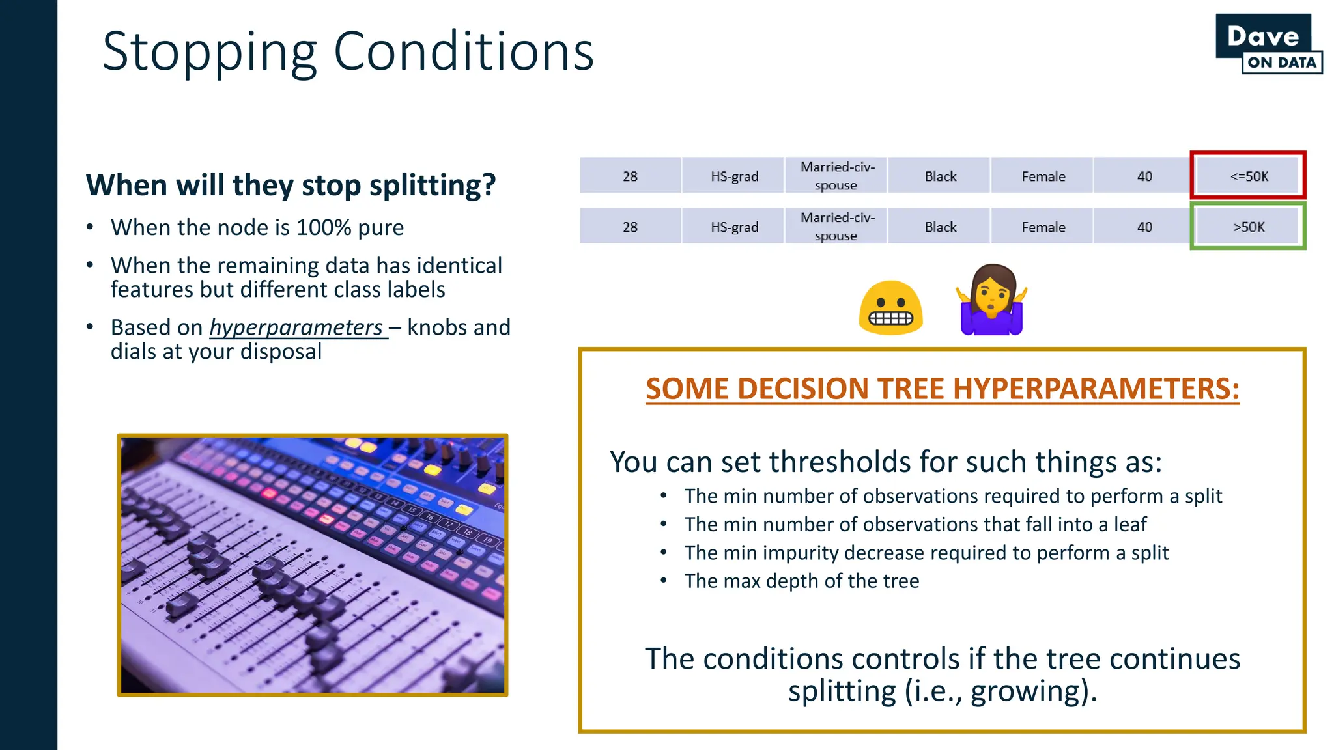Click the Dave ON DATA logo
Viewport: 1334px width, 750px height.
pyautogui.click(x=1268, y=44)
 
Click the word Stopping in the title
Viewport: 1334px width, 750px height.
pyautogui.click(x=209, y=52)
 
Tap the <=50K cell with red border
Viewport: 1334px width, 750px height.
pyautogui.click(x=1248, y=176)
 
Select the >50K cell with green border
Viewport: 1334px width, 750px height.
pyautogui.click(x=1248, y=227)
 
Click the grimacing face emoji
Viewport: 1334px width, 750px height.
pyautogui.click(x=890, y=308)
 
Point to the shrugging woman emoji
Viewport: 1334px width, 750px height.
pyautogui.click(x=991, y=301)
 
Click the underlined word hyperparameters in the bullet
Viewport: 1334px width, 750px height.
pyautogui.click(x=296, y=327)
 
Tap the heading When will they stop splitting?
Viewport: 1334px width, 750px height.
pyautogui.click(x=291, y=185)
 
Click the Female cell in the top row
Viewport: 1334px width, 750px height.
pyautogui.click(x=1043, y=176)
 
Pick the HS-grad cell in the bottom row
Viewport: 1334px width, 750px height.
pyautogui.click(x=734, y=227)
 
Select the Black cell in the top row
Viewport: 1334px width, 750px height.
pyautogui.click(x=940, y=176)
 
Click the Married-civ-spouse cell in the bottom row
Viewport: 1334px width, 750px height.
pyautogui.click(x=836, y=227)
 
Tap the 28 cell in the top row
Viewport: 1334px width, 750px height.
pyautogui.click(x=630, y=176)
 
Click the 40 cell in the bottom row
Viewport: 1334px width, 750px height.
pyautogui.click(x=1144, y=227)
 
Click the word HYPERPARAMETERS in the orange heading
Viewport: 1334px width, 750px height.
pyautogui.click(x=1096, y=389)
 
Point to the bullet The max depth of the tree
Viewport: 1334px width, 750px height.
pyautogui.click(x=801, y=581)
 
